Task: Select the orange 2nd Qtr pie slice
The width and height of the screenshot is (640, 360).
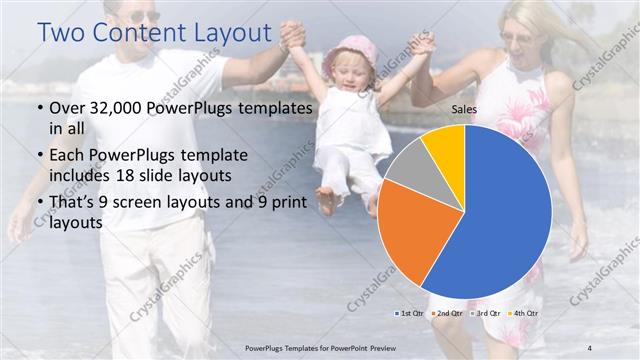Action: click(405, 230)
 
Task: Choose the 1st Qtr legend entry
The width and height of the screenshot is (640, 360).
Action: click(409, 313)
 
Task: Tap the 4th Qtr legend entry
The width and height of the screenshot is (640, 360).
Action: click(524, 313)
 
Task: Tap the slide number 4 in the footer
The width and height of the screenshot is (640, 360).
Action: click(590, 347)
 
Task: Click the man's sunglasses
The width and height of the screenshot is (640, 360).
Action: click(142, 17)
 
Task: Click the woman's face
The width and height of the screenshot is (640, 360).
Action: click(523, 40)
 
